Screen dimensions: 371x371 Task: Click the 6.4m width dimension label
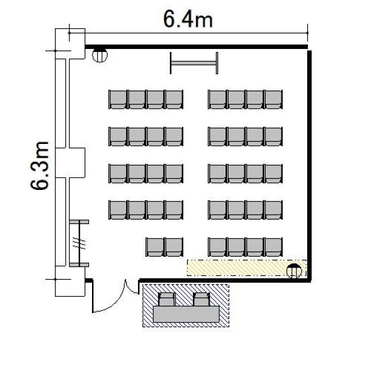coord(188,19)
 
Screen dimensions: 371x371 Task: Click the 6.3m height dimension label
coord(40,166)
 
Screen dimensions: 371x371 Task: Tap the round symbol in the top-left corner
coord(99,55)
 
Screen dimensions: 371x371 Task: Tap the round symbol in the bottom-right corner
coord(294,271)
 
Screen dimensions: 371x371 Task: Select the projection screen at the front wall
coord(194,63)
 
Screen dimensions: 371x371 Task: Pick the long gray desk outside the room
coord(186,314)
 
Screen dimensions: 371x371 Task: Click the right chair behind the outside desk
coord(201,299)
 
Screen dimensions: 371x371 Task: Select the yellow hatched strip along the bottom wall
coord(247,268)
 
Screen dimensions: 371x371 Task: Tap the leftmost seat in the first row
coord(118,99)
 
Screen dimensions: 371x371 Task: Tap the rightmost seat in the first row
coord(274,99)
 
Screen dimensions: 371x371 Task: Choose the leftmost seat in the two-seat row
coord(155,247)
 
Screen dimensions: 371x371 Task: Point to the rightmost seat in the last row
coord(274,247)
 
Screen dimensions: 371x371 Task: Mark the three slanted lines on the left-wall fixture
coord(79,243)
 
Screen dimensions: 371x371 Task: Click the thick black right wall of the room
coord(309,166)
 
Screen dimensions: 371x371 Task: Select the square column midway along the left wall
coord(70,163)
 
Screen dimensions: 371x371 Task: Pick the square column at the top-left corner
coord(70,44)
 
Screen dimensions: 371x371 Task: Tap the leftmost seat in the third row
coord(118,174)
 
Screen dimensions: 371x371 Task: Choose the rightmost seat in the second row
coord(274,137)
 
